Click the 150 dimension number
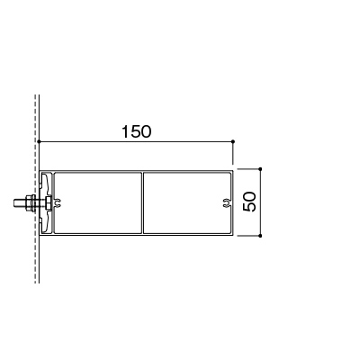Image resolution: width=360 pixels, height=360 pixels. click(137, 131)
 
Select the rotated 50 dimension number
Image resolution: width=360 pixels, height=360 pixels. click(249, 202)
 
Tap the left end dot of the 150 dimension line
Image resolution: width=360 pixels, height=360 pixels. click(40, 141)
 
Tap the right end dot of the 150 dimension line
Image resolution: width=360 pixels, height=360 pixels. click(233, 141)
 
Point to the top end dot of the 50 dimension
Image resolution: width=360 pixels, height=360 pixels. click(260, 169)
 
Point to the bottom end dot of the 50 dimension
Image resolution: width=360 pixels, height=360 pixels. click(260, 236)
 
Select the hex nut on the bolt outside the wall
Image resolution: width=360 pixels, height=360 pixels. click(30, 203)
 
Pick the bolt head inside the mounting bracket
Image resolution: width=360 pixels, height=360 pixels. click(49, 203)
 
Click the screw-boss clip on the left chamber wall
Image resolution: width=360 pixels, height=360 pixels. click(58, 203)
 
